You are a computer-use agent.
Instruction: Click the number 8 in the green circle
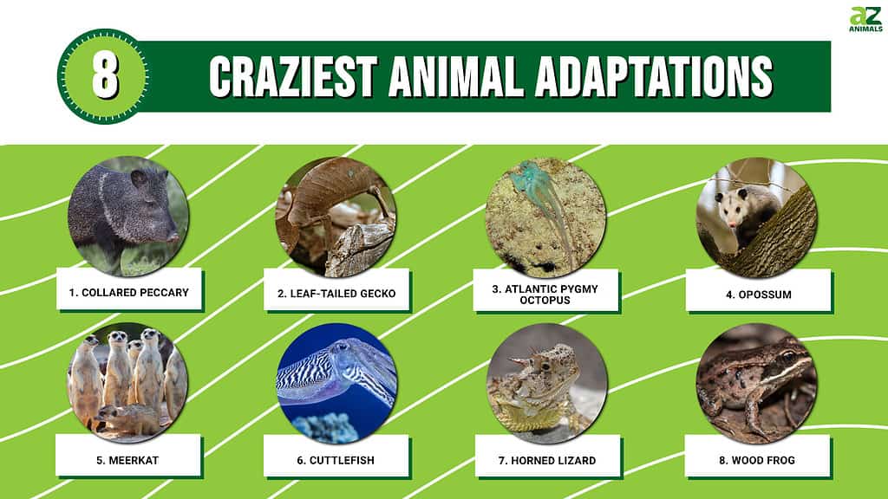coord(104,76)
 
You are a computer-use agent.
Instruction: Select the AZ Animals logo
coord(865,19)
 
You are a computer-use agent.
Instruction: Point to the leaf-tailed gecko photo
coord(336,217)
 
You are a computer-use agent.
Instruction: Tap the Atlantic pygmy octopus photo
coord(545,217)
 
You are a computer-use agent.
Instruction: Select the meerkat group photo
coord(127,381)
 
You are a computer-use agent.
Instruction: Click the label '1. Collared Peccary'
coord(128,293)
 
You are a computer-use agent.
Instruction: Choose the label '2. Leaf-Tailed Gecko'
coord(336,294)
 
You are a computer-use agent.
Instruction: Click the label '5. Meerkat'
coord(128,460)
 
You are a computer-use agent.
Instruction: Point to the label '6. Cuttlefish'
coord(336,460)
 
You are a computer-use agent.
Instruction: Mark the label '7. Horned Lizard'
coord(546,460)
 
